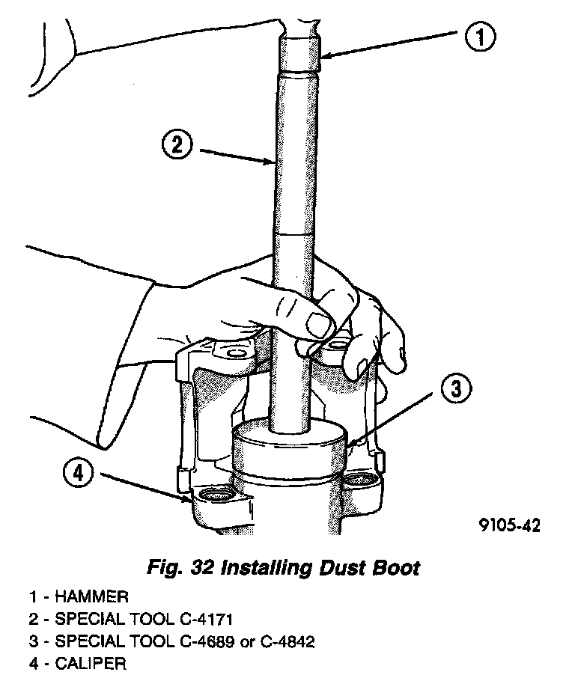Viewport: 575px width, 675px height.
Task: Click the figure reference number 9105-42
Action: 509,525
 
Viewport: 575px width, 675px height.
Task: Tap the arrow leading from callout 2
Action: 237,154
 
